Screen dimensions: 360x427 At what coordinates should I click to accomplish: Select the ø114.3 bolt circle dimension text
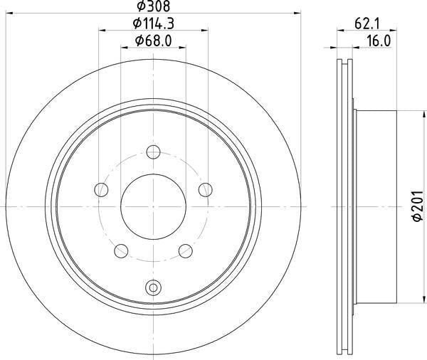tap(153, 23)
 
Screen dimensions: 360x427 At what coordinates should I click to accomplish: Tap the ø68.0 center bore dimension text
tap(153, 41)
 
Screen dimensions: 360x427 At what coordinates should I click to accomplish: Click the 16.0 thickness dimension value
tap(378, 41)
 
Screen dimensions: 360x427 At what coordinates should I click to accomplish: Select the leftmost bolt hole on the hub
tap(101, 189)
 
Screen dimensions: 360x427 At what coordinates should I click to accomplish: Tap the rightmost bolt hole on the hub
tap(206, 189)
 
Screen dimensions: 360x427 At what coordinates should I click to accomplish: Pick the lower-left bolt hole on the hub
tap(121, 250)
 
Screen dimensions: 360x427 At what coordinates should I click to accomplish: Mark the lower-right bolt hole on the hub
tap(186, 250)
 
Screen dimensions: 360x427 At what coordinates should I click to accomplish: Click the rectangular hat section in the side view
tap(376, 206)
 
